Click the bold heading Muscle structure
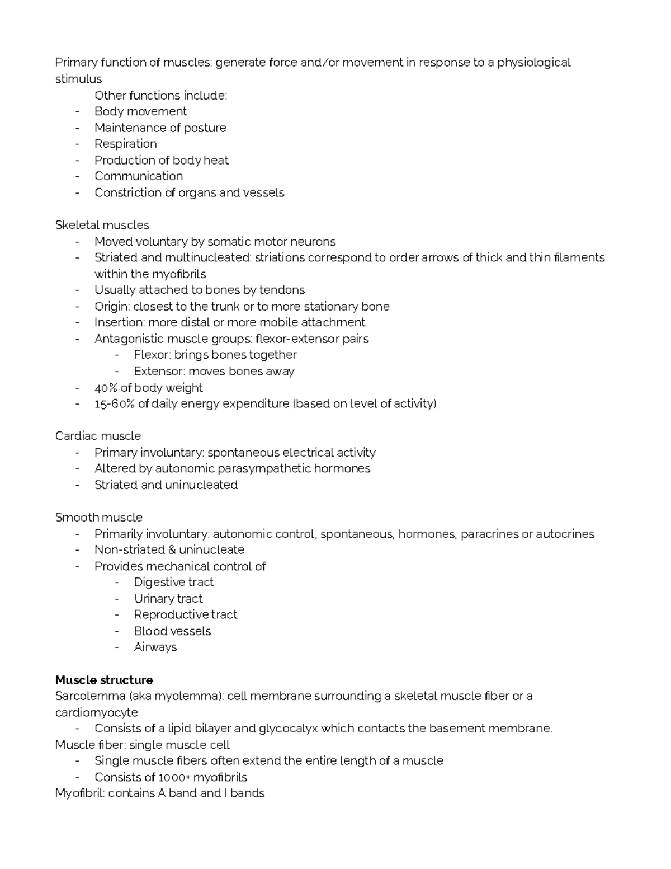tap(104, 680)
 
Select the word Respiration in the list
tap(125, 144)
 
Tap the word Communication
tap(138, 176)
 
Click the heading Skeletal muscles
tap(102, 225)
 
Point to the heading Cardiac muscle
tap(98, 436)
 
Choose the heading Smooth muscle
tap(98, 517)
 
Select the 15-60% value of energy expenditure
tap(114, 403)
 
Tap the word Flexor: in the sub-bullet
tap(152, 355)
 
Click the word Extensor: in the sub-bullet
tap(159, 371)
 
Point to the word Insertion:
tap(119, 322)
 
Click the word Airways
tap(155, 647)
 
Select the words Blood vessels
tap(172, 631)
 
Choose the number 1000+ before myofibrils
tap(174, 777)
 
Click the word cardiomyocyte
tap(96, 712)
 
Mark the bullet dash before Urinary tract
tap(117, 599)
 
